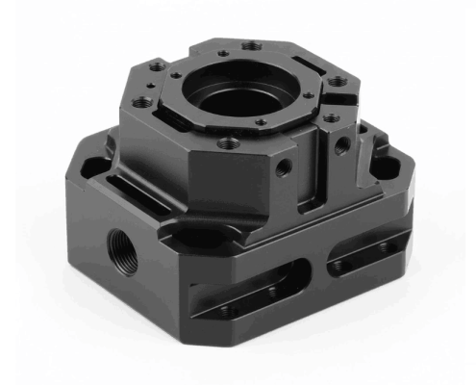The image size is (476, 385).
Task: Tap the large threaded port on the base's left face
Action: click(121, 250)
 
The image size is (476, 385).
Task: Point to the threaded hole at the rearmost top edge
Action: click(251, 45)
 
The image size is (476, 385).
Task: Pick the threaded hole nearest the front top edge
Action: click(229, 142)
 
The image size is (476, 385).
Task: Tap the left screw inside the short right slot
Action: click(341, 265)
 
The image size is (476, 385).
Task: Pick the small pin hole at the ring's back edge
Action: click(223, 54)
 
